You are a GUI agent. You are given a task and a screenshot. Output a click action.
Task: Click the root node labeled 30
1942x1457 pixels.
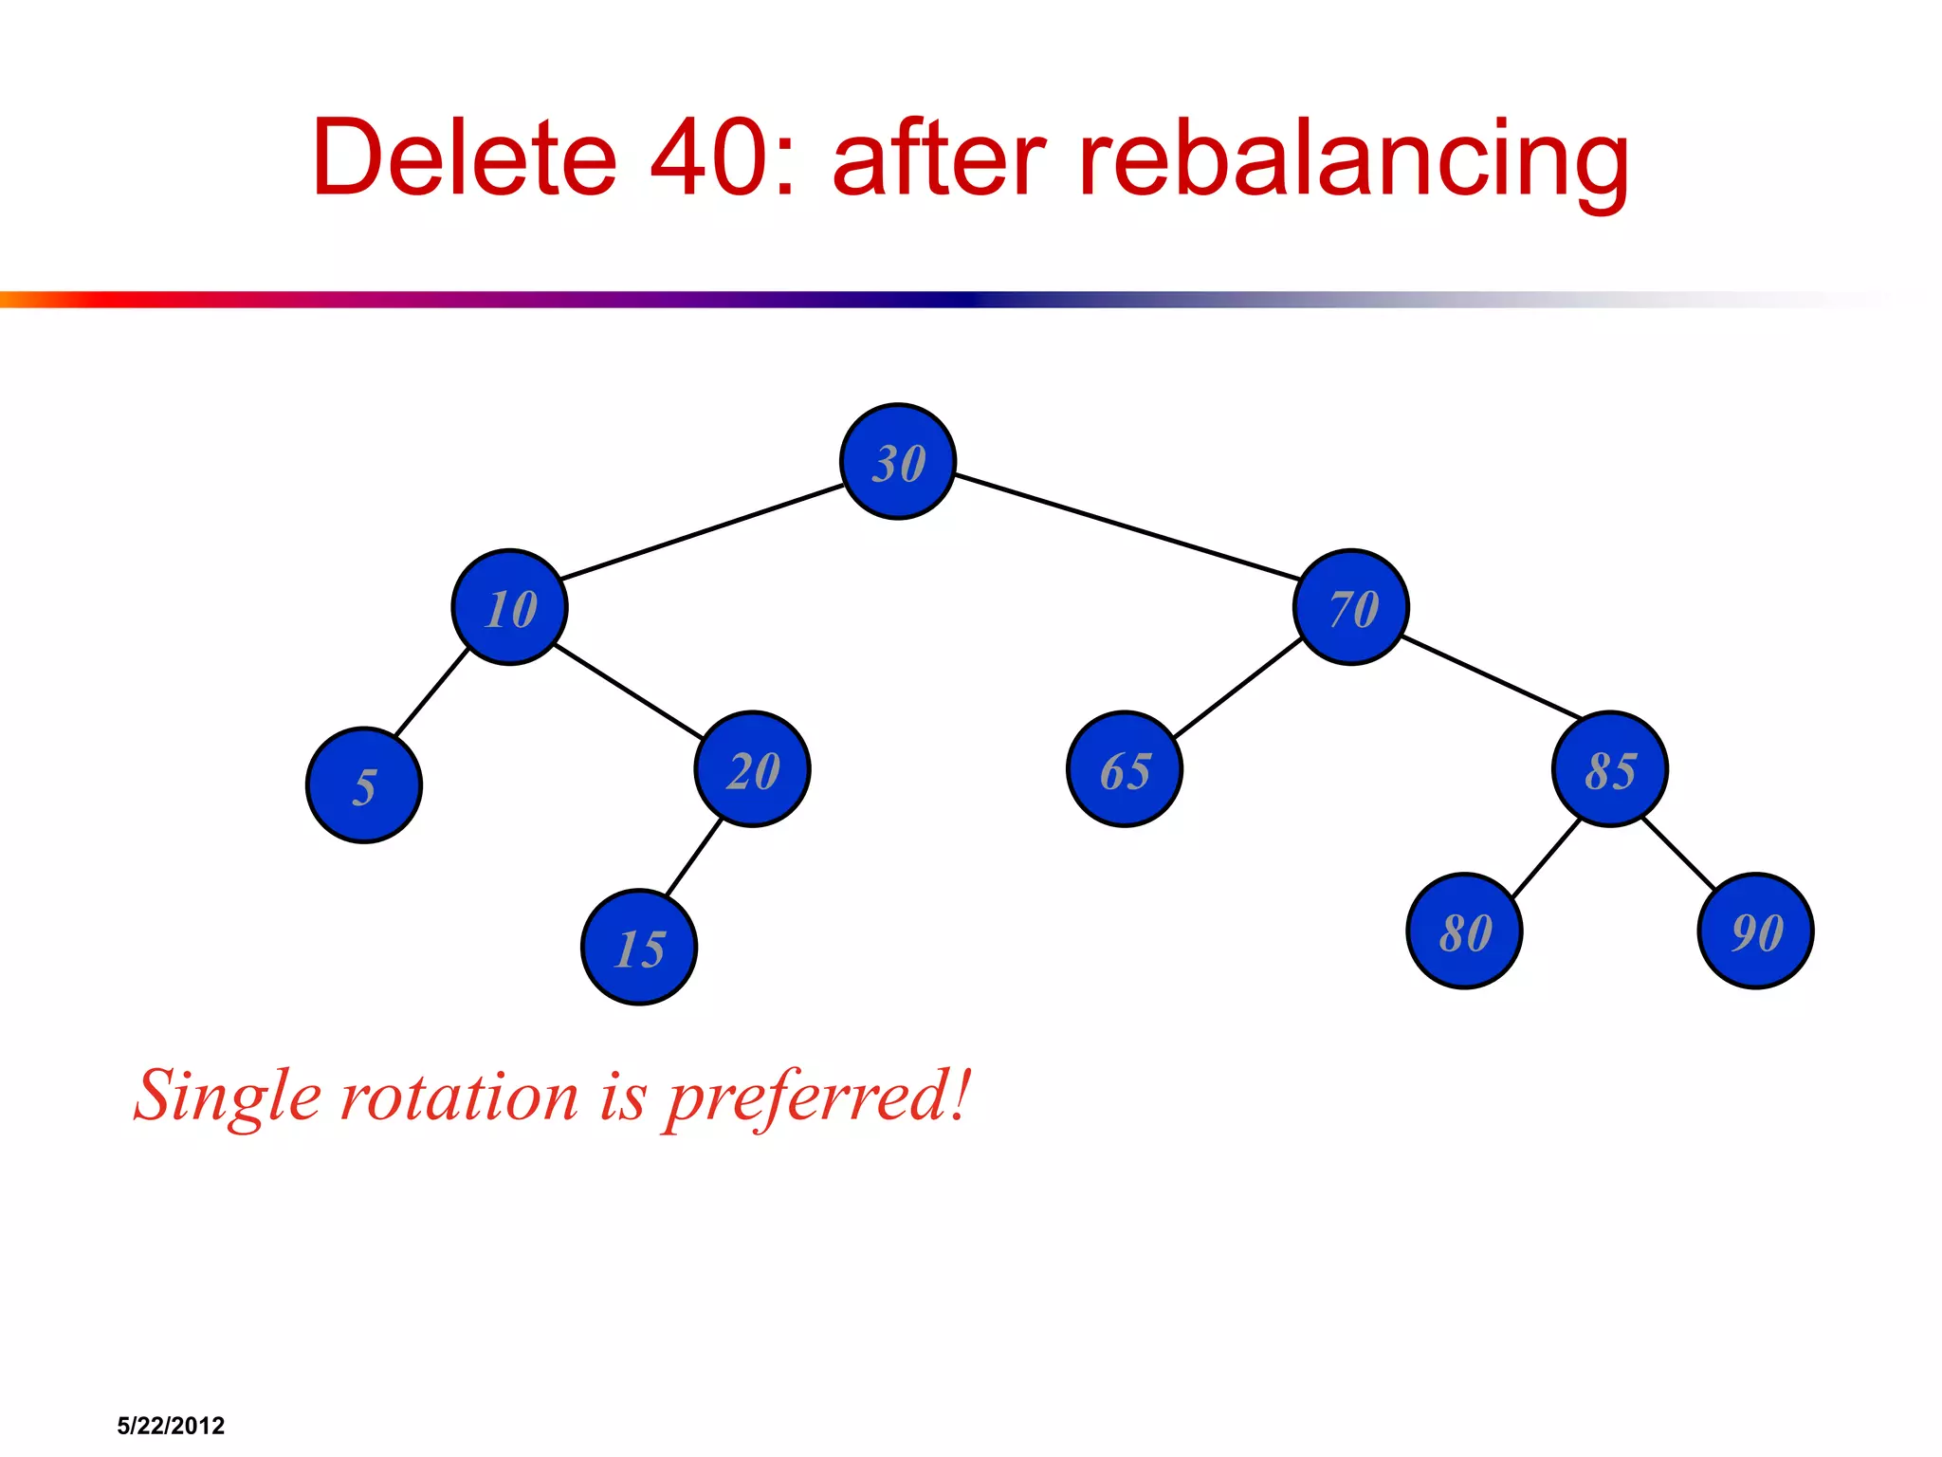click(x=898, y=462)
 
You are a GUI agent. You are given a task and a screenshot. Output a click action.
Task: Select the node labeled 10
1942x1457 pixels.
click(x=510, y=607)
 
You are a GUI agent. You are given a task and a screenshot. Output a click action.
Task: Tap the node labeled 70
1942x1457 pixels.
click(x=1351, y=607)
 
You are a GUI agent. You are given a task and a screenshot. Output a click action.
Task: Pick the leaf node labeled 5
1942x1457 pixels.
click(x=364, y=785)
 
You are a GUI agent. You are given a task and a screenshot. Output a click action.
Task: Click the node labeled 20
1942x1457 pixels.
click(x=753, y=769)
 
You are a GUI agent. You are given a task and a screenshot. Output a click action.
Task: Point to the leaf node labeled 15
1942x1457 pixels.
click(x=639, y=947)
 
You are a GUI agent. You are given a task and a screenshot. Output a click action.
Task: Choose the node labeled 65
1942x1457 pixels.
click(x=1125, y=769)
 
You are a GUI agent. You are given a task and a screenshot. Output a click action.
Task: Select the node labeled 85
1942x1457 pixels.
click(x=1610, y=769)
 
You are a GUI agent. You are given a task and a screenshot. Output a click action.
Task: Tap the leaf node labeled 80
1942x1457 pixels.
click(x=1465, y=931)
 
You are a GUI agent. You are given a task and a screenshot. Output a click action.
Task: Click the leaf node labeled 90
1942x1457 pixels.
click(x=1756, y=931)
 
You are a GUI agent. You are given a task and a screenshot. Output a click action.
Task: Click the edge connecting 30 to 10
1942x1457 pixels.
click(x=702, y=532)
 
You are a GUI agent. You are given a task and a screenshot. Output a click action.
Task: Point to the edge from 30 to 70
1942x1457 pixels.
click(x=1127, y=527)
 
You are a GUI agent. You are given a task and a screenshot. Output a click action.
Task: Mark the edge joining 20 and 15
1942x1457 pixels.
click(x=694, y=858)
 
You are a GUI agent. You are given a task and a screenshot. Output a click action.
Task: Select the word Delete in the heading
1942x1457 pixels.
click(x=465, y=157)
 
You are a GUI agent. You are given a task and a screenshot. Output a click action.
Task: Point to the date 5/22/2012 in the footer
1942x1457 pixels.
click(x=171, y=1426)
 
